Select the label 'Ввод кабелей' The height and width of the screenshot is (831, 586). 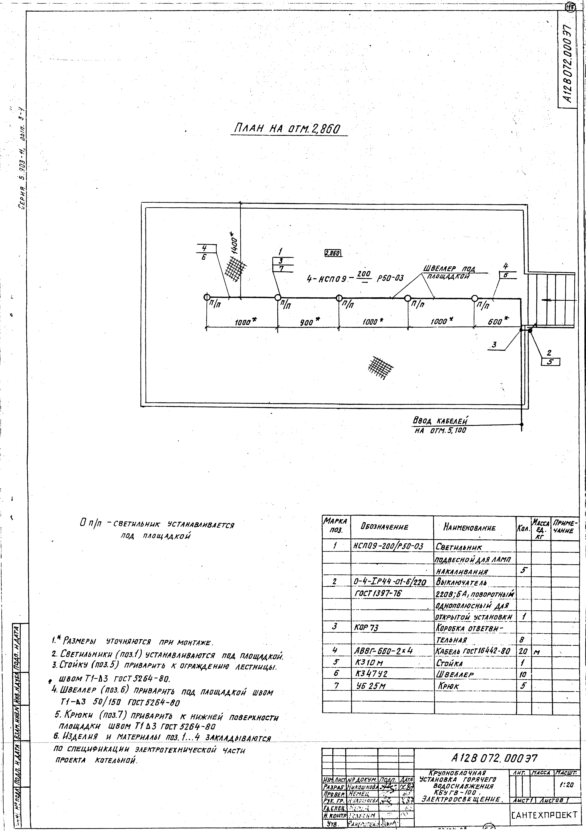pos(440,421)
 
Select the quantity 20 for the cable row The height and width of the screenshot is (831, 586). pos(523,651)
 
